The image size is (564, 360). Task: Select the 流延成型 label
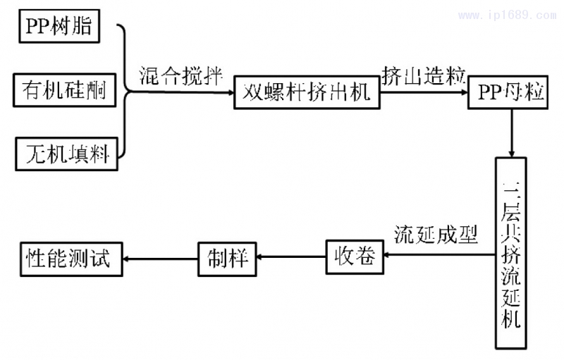(x=436, y=235)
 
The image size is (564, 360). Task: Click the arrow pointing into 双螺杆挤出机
(x=183, y=91)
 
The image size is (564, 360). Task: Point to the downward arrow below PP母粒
(x=512, y=133)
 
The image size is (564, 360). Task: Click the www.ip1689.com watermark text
(x=508, y=13)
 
